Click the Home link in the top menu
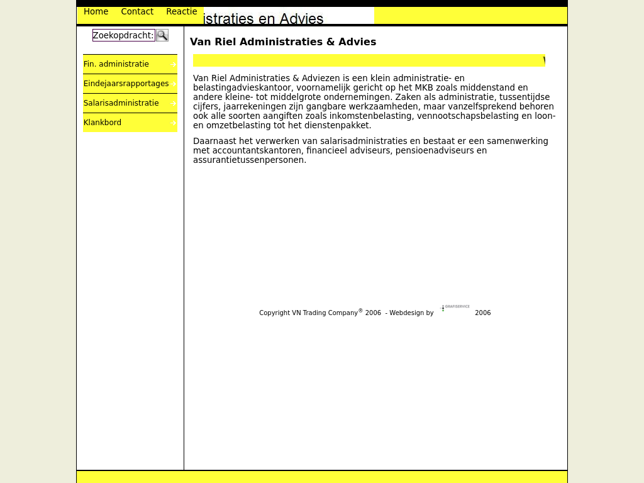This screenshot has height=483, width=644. [x=96, y=12]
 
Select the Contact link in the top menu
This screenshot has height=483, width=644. [x=137, y=12]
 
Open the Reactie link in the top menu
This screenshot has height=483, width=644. [x=181, y=12]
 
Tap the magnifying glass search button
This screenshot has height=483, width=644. [x=162, y=35]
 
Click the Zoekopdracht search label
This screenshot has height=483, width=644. [x=123, y=35]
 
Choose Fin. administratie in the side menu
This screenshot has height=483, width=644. [x=116, y=64]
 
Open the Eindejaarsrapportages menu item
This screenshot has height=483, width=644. [x=126, y=84]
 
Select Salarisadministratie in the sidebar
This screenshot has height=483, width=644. [x=121, y=103]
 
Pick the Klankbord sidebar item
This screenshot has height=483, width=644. [x=103, y=123]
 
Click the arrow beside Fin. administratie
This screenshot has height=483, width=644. [x=173, y=65]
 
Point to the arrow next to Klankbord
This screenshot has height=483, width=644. [x=174, y=123]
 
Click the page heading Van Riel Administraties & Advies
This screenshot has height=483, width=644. [x=283, y=42]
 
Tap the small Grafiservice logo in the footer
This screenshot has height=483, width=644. [x=455, y=308]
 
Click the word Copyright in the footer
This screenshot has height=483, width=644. [x=274, y=313]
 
